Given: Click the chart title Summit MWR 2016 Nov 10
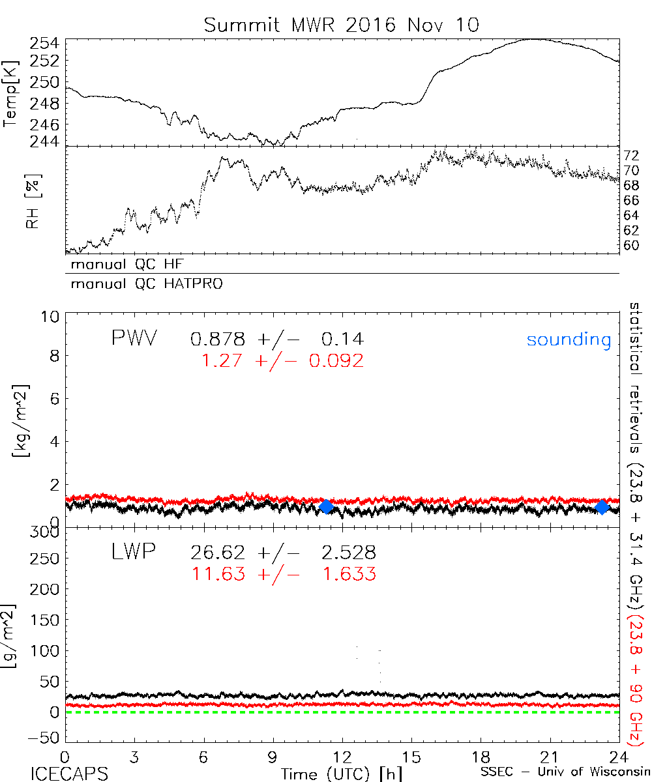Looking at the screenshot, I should point(341,25).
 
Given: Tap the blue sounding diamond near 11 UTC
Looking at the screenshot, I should point(326,506).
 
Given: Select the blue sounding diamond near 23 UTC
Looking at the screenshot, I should point(602,506).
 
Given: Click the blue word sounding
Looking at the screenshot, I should point(569,340).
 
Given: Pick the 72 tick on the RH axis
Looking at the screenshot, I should point(631,155).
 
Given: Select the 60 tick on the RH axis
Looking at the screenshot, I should point(631,246).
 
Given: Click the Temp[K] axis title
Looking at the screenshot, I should point(11,93).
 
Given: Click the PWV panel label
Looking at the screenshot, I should point(133,338).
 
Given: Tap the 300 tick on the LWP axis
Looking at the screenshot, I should point(46,532).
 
